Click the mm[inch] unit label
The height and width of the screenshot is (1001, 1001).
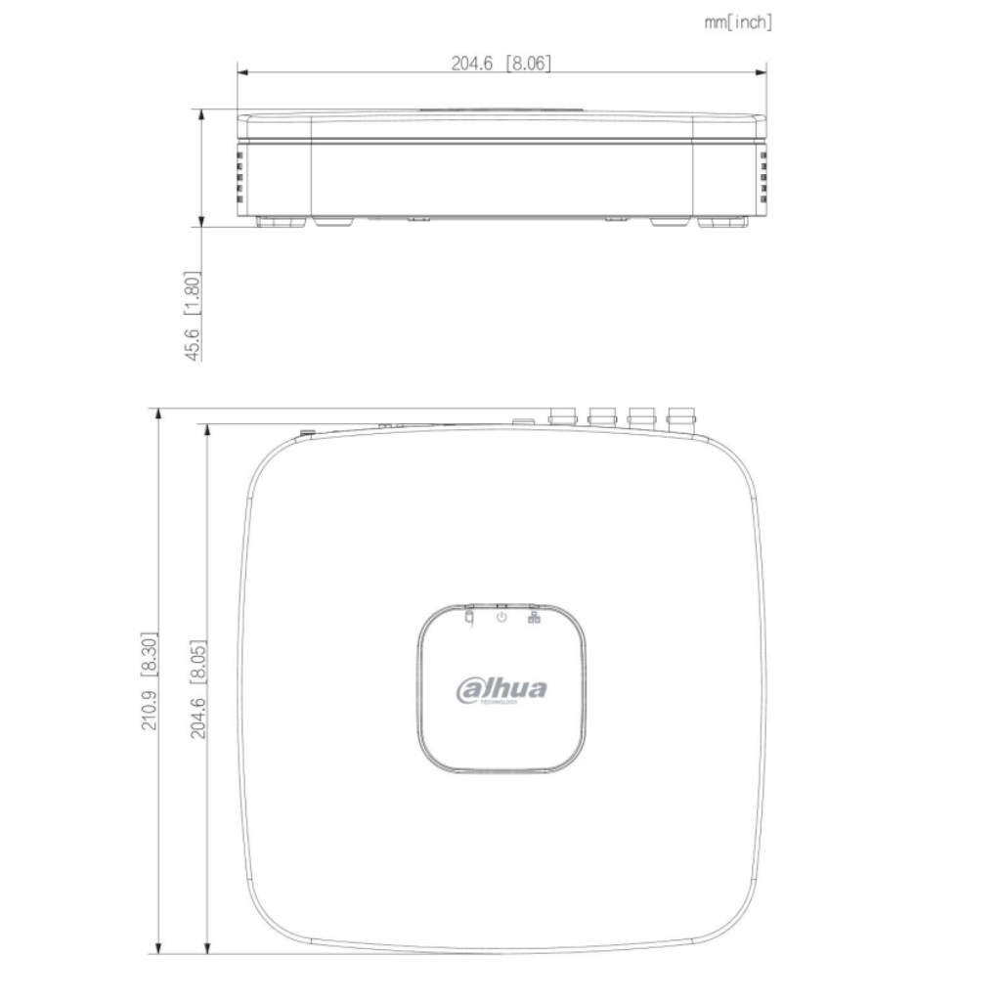738,22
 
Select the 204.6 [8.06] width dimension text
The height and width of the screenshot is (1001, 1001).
501,64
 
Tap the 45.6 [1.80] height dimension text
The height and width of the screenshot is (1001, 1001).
193,316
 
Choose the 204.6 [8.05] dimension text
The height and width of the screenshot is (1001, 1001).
198,688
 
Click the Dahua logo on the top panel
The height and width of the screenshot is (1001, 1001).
501,689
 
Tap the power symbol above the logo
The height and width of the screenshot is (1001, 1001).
501,617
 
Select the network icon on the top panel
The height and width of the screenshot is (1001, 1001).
534,617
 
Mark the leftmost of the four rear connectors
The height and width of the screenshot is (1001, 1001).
562,417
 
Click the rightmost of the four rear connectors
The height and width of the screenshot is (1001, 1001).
680,417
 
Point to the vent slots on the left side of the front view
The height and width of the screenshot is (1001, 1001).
240,176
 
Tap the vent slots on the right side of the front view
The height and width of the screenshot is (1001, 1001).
763,176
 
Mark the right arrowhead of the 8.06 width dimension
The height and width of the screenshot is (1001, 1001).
762,71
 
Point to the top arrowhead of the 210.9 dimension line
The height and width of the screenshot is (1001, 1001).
158,413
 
